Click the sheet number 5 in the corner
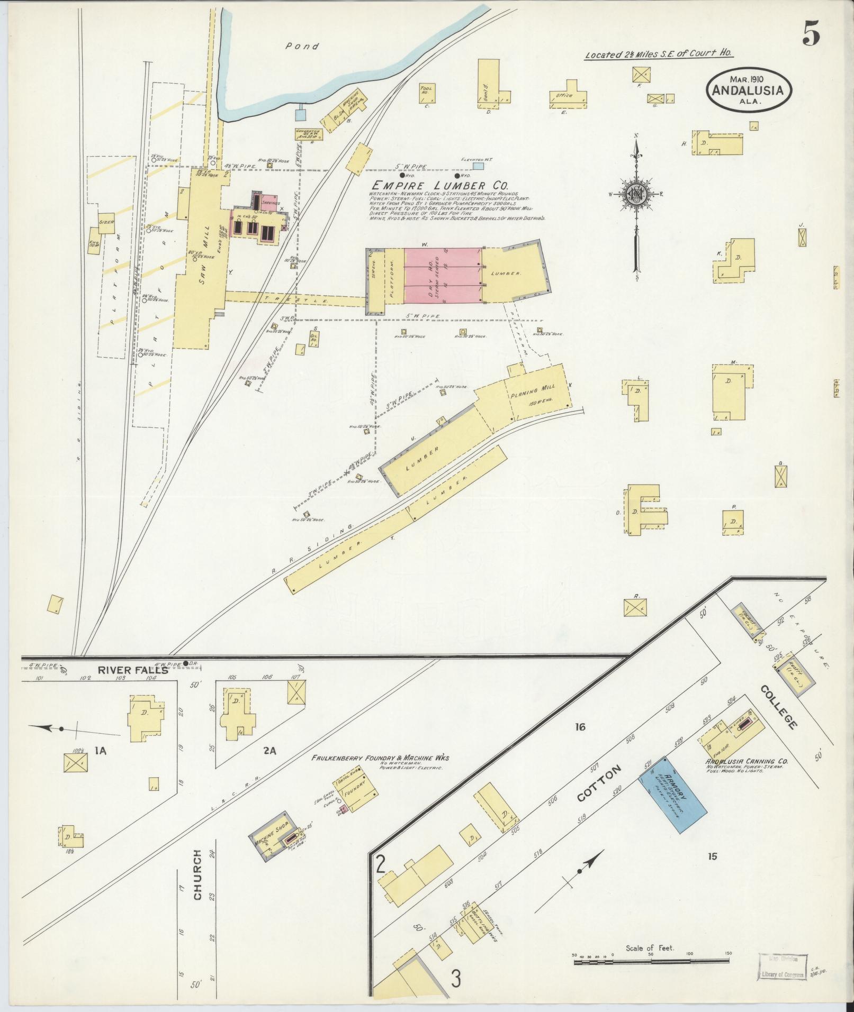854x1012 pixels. (811, 35)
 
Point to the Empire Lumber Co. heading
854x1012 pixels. (439, 186)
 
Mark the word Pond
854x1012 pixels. (302, 47)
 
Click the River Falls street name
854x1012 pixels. (132, 670)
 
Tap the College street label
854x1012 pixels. (778, 707)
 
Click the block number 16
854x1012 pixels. (580, 727)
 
